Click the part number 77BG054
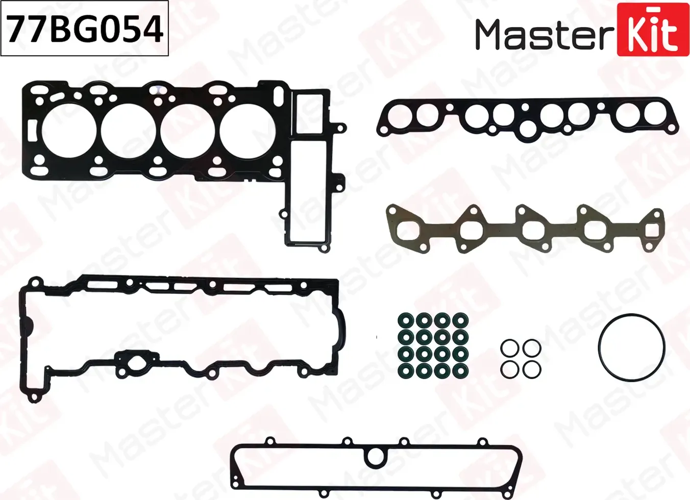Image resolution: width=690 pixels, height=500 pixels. coord(85,29)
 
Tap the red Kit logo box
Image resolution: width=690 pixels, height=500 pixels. coord(653,30)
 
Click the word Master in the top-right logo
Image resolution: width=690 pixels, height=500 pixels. coord(544,35)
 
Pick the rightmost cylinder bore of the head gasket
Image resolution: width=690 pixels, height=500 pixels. coord(247,131)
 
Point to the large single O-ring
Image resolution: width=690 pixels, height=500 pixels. coord(631,347)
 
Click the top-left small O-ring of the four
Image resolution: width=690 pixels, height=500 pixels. coord(509,348)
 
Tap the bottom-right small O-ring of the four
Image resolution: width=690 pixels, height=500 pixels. coord(532,369)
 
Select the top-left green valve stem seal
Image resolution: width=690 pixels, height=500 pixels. coord(406,321)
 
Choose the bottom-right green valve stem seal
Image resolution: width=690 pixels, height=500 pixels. coord(460,370)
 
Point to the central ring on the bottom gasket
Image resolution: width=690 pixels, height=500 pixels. coord(376,457)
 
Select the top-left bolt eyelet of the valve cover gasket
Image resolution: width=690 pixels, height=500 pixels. coord(35,283)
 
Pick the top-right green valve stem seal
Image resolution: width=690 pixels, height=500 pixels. coord(460,321)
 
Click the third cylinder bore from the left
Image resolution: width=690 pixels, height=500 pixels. coord(187,131)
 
